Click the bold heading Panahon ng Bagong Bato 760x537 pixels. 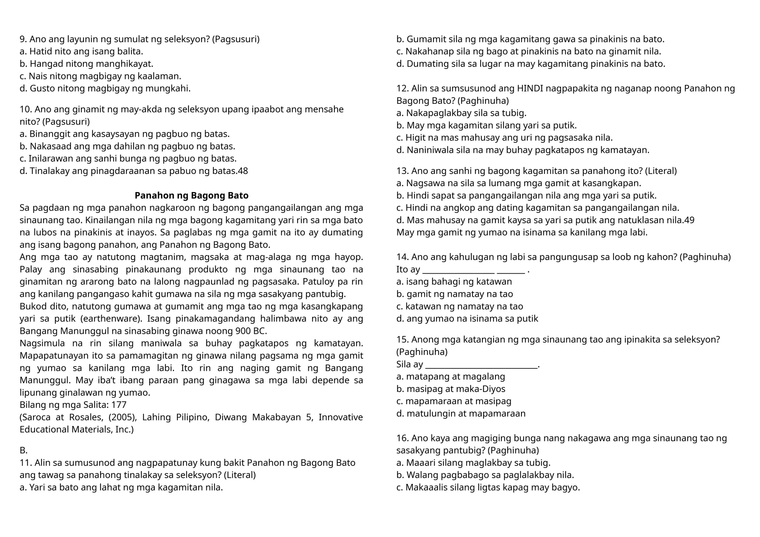[x=191, y=195]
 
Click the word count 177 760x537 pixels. [x=119, y=405]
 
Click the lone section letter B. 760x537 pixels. [x=23, y=451]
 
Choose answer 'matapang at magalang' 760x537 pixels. [x=451, y=377]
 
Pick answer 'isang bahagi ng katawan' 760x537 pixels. [x=454, y=281]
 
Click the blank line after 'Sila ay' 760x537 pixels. [x=481, y=365]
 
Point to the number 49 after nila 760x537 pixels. [x=689, y=220]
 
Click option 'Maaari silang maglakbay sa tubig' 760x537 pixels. [x=474, y=463]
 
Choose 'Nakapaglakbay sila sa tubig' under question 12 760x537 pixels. [x=462, y=113]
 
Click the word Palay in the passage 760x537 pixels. [x=31, y=269]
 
